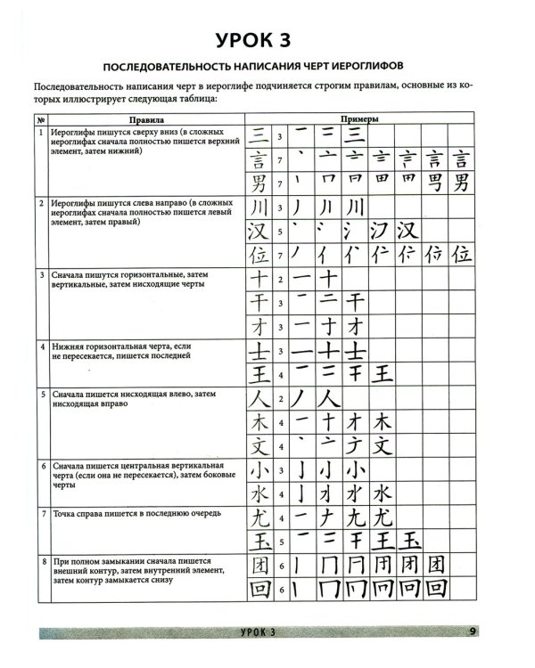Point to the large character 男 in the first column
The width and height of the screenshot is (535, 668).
258,184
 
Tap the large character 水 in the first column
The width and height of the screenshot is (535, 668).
258,493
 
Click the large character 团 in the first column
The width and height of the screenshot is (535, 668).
258,564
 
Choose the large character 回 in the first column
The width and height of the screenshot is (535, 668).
258,590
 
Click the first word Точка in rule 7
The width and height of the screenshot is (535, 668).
68,513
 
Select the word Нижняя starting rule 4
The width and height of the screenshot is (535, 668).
73,346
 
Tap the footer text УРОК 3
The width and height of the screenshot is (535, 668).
260,632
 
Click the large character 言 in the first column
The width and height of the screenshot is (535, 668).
258,160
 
